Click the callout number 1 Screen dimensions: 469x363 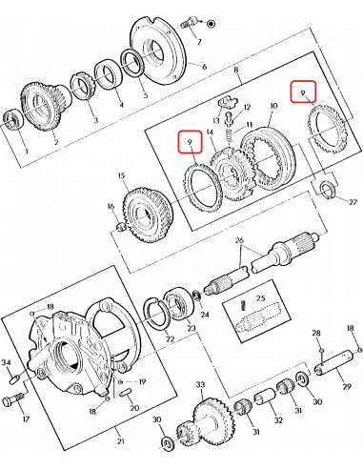click(27, 152)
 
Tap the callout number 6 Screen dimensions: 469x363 click(203, 66)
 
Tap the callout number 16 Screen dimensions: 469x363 click(111, 206)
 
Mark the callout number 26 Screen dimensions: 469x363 click(240, 240)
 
